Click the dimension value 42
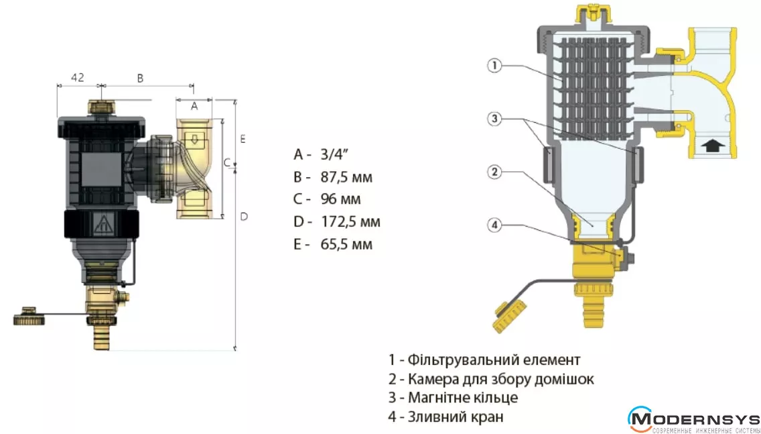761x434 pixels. [x=78, y=77]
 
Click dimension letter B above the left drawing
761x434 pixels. [x=141, y=78]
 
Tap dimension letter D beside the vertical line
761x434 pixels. [x=245, y=216]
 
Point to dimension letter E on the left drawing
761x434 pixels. [x=243, y=139]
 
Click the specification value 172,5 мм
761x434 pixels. [x=352, y=221]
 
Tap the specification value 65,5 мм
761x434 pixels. [x=348, y=243]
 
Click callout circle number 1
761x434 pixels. [x=493, y=66]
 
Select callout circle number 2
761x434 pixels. [x=493, y=172]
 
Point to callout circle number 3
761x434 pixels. [x=493, y=119]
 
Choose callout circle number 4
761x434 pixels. [x=493, y=225]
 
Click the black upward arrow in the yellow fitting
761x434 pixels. [x=711, y=145]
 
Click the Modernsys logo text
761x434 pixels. [x=697, y=418]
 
